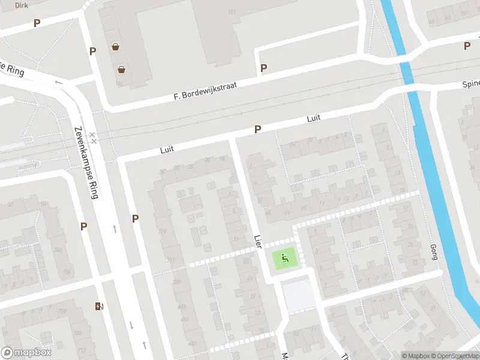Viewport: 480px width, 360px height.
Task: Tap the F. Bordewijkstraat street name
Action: point(205,91)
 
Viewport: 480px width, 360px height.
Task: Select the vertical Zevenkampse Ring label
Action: point(86,161)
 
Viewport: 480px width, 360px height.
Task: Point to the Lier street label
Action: point(258,241)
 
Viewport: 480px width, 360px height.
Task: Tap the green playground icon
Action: point(284,259)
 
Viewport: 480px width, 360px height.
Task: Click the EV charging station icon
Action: point(99,307)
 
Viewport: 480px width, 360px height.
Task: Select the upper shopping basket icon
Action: point(115,46)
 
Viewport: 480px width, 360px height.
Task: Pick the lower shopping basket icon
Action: point(122,69)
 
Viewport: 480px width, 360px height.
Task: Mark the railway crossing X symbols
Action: point(92,137)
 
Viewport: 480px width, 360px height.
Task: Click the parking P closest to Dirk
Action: point(37,23)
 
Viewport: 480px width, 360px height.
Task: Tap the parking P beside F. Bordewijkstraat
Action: point(263,68)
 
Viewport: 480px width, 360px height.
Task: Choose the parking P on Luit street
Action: point(258,129)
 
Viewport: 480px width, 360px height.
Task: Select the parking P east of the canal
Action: point(467,46)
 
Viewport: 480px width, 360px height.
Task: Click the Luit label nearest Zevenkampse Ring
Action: point(167,149)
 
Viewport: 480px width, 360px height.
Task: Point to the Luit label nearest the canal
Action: point(314,119)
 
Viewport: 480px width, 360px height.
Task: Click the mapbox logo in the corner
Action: point(26,353)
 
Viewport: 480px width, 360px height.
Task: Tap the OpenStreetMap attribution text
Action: point(448,356)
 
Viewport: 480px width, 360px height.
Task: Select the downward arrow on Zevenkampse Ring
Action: point(131,325)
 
